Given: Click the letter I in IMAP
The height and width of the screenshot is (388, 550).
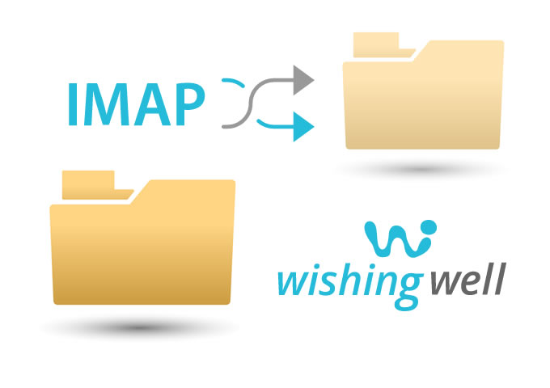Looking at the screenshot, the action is click(73, 104).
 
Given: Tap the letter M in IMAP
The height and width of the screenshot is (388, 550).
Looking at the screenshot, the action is click(107, 104).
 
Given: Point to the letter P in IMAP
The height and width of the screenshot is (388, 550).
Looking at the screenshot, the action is click(190, 104).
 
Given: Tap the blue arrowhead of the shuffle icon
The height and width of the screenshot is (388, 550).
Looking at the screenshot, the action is click(303, 127).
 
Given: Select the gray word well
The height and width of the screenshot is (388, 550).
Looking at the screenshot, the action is click(468, 279).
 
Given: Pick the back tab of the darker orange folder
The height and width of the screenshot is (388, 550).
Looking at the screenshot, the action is click(93, 185).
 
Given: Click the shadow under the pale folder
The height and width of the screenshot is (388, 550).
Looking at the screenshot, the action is click(421, 170).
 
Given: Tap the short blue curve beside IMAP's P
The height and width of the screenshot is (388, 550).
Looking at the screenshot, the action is click(234, 82).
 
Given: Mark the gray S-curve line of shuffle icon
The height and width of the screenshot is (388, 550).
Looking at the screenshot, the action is click(258, 103).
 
